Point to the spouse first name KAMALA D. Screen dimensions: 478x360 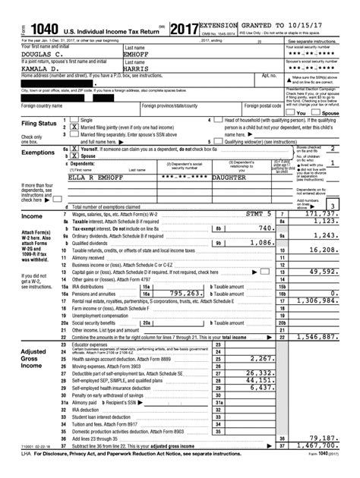click(x=25, y=68)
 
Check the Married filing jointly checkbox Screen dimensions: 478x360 click(x=73, y=127)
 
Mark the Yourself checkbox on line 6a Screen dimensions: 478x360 click(x=73, y=149)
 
